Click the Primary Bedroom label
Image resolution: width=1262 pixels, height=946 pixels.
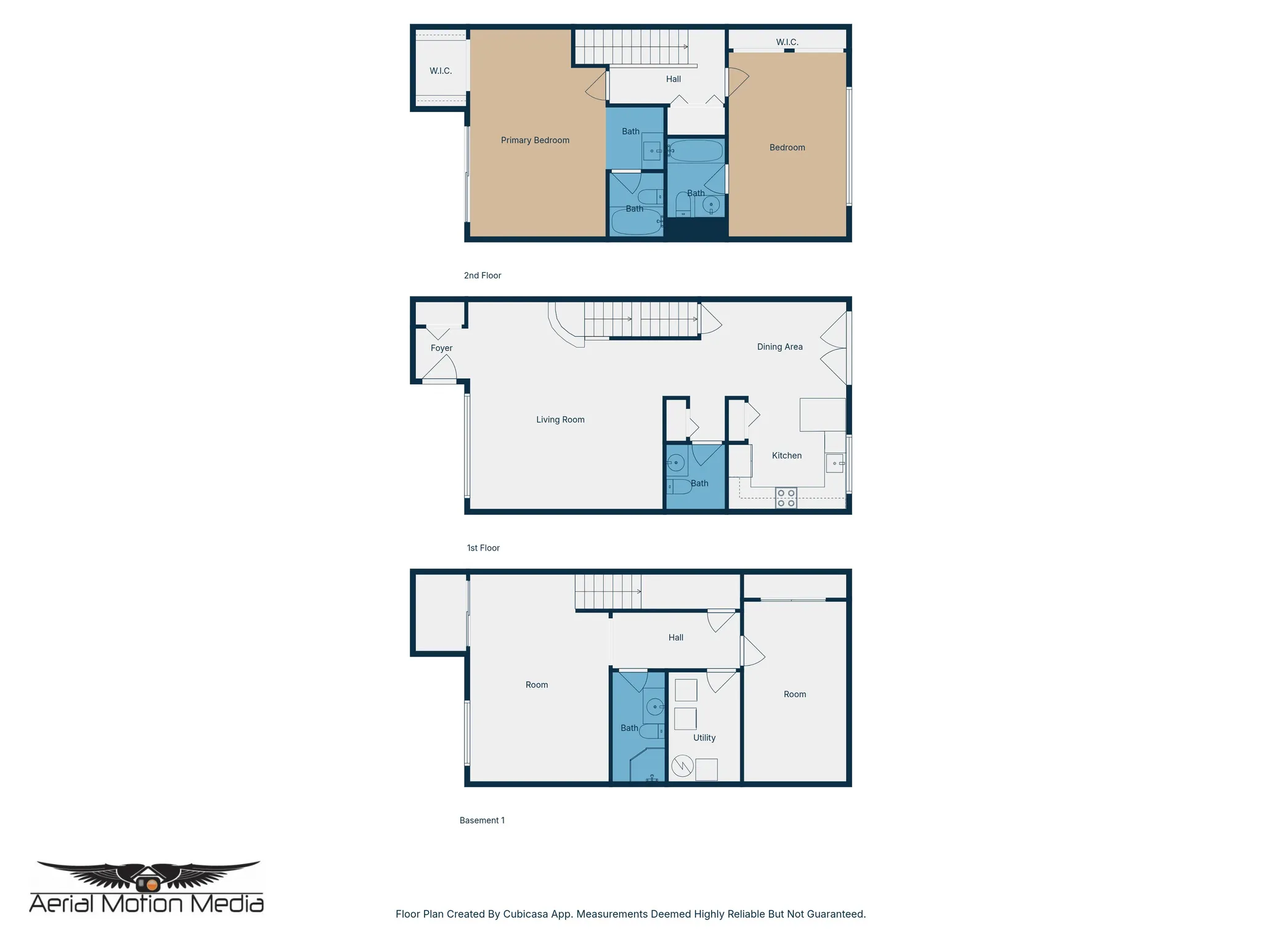(x=535, y=140)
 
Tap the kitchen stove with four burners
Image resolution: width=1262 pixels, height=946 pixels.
(x=786, y=498)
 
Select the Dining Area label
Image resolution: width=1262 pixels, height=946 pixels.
(x=780, y=347)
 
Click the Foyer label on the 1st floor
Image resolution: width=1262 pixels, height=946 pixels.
(x=441, y=348)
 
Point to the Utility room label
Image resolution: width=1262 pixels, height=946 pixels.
(x=704, y=738)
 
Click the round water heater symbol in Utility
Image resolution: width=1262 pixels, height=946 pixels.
(x=683, y=766)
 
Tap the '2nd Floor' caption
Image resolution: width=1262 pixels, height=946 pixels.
(x=482, y=275)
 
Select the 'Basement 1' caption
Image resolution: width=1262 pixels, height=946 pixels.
(x=482, y=820)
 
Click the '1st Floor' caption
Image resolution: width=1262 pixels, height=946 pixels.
(x=483, y=548)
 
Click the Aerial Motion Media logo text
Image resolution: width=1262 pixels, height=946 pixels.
(x=147, y=904)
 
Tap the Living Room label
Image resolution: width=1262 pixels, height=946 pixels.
(x=560, y=419)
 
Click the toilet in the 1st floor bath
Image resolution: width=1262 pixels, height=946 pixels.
(x=679, y=487)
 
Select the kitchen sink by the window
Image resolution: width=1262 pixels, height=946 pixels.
(x=835, y=463)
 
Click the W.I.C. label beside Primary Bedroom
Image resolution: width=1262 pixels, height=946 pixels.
(x=441, y=71)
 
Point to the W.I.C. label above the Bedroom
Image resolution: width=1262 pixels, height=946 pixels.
(x=787, y=42)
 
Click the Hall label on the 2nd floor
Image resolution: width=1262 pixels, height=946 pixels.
(x=673, y=79)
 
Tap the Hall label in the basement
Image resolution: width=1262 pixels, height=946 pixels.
(x=676, y=637)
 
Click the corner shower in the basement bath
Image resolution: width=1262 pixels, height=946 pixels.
(x=646, y=766)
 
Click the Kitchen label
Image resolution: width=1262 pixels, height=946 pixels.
(x=787, y=456)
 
